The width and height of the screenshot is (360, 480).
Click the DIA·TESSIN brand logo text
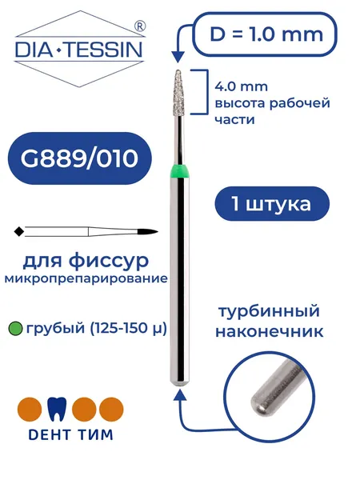click(x=79, y=50)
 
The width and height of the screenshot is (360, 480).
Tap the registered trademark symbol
click(x=140, y=26)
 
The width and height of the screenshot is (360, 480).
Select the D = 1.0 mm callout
click(x=266, y=34)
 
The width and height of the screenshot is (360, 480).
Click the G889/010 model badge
click(x=79, y=158)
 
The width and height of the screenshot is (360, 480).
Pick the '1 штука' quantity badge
click(x=272, y=204)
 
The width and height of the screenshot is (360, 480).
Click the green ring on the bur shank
click(x=180, y=171)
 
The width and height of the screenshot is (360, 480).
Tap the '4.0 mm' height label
click(x=242, y=86)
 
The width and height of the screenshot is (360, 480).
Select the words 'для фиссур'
click(x=86, y=261)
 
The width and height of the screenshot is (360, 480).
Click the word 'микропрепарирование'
click(x=86, y=279)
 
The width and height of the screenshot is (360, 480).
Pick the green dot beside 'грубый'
click(x=15, y=329)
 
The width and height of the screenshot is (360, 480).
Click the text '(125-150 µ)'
click(x=128, y=329)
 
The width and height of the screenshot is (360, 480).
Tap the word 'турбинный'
click(x=269, y=312)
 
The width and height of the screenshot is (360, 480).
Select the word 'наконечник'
click(x=270, y=331)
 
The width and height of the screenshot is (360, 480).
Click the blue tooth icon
click(x=57, y=409)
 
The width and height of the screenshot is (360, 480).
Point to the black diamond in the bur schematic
click(x=19, y=231)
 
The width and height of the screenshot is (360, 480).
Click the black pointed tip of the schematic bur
click(x=147, y=231)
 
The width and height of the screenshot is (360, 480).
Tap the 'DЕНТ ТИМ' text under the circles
click(x=70, y=434)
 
